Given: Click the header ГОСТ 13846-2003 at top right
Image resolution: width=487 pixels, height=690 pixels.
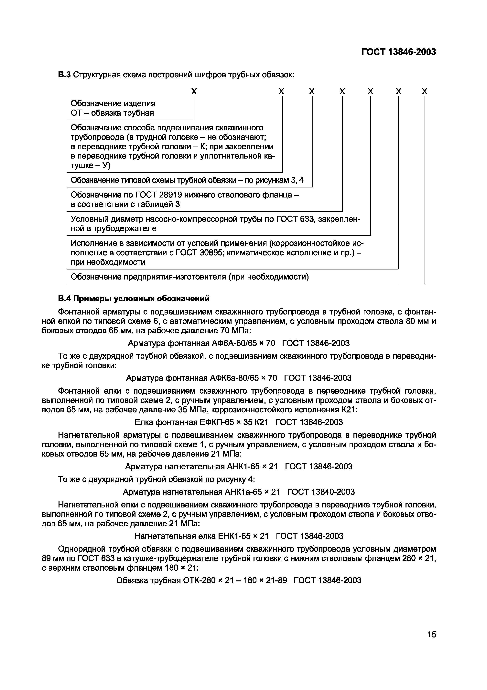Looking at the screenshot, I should tap(398, 52).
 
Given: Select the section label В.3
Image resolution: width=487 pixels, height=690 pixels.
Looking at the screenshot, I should tap(64, 75).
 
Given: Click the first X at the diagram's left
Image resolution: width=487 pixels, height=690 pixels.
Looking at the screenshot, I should tap(194, 91).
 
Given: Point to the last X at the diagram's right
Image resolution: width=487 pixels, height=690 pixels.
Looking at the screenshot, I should tap(424, 91).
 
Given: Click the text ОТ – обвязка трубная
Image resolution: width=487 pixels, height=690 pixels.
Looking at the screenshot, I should tap(112, 113).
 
